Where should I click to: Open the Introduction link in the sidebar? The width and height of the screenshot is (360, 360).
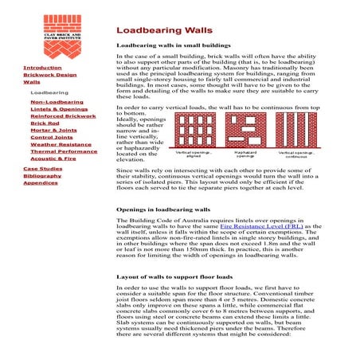point(41,68)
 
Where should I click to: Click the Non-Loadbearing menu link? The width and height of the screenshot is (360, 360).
point(57,103)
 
